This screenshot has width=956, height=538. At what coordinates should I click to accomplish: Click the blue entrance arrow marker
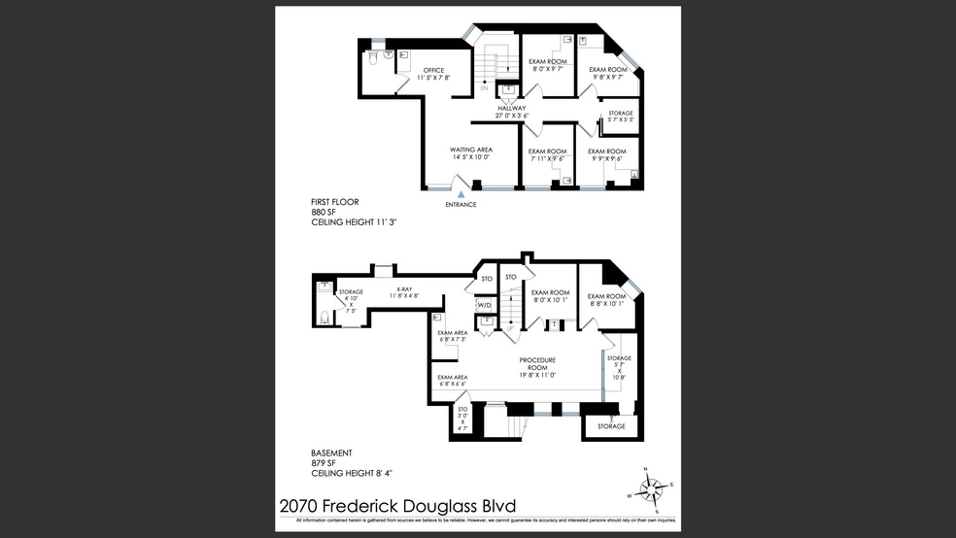[x=461, y=195]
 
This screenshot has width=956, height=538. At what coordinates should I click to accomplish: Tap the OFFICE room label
[x=433, y=73]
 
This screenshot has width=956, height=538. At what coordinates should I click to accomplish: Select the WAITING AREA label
[x=471, y=153]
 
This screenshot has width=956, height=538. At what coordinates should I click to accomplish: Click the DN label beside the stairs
[x=484, y=88]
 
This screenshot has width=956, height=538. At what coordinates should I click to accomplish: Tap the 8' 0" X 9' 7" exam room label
[x=549, y=66]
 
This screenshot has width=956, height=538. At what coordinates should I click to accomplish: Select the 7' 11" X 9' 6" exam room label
[x=547, y=155]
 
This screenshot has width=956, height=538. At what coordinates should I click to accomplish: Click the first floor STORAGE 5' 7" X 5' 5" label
[x=620, y=118]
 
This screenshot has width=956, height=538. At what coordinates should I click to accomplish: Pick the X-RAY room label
[x=404, y=292]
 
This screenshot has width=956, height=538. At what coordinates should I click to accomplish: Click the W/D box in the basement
[x=484, y=305]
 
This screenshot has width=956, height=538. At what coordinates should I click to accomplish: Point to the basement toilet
[x=324, y=316]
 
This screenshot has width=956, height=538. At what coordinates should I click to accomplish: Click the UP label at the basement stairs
[x=510, y=329]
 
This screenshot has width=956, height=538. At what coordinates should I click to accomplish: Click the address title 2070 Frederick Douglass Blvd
[x=397, y=506]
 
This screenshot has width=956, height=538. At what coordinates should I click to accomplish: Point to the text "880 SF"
[x=324, y=212]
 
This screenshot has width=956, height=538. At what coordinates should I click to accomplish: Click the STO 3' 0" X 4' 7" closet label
[x=462, y=419]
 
